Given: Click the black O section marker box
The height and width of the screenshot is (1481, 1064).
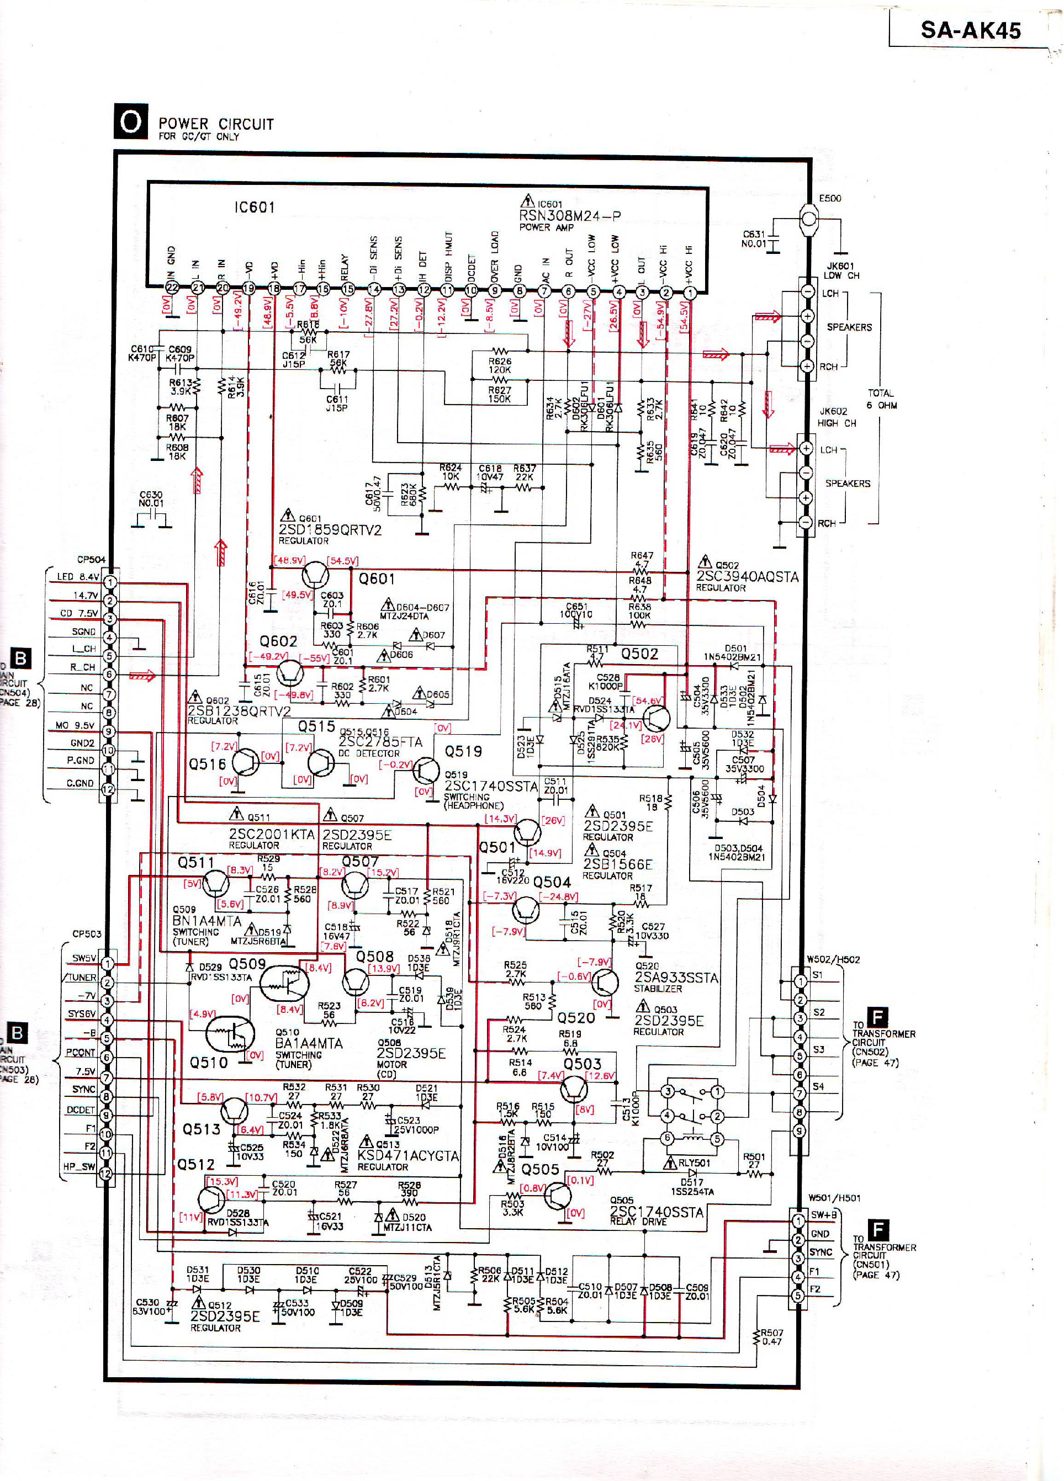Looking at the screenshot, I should [x=131, y=121].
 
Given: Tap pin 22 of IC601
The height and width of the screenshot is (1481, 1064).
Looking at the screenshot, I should [x=172, y=288].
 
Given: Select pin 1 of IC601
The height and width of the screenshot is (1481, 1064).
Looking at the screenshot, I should [x=690, y=293].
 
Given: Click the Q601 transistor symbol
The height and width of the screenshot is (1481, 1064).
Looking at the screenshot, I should [x=315, y=575].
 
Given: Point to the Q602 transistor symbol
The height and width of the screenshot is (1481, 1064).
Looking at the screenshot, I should [x=289, y=672].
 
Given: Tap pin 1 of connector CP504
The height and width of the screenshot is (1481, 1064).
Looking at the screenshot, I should [x=110, y=582].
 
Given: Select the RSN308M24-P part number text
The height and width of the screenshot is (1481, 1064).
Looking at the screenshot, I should [x=570, y=216].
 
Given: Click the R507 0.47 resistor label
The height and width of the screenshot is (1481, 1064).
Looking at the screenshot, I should [x=771, y=1337].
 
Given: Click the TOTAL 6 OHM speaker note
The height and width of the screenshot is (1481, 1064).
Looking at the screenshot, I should [x=881, y=399].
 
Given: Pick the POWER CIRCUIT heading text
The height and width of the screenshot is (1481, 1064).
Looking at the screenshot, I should [x=215, y=124].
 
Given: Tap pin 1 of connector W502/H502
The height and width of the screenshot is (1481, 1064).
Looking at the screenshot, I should [x=800, y=981].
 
